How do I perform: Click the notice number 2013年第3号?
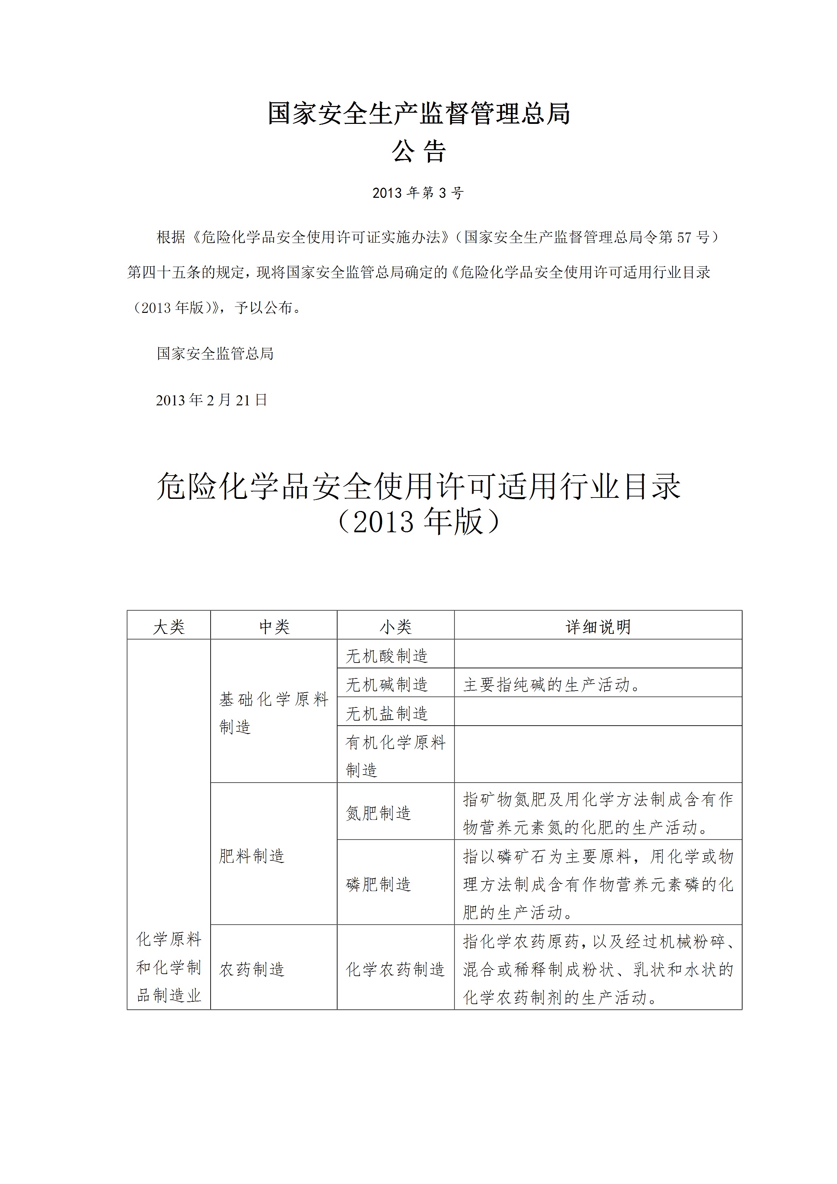418,193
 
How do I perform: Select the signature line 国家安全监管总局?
215,353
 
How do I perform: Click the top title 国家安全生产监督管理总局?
418,113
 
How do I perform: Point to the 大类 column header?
169,626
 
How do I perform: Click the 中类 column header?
274,626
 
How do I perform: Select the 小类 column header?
396,626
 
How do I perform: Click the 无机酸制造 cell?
387,655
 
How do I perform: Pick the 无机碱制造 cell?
387,684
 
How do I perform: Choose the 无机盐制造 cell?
387,713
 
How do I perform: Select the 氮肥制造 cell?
379,813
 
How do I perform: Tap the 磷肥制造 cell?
379,884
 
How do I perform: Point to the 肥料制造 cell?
252,856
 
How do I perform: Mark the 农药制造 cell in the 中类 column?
252,969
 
